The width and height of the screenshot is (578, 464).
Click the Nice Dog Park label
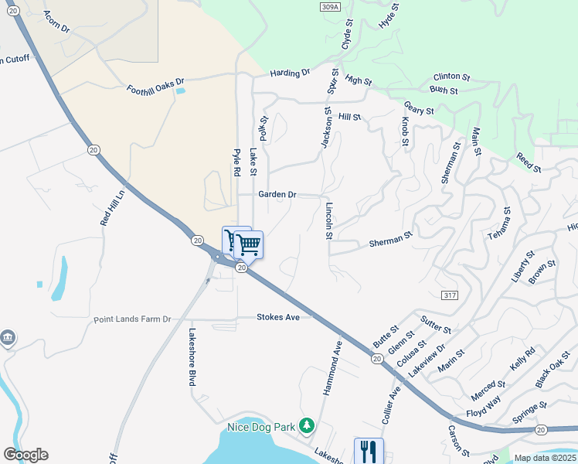pos(263,426)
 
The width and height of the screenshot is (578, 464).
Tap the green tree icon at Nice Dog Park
pos(307,425)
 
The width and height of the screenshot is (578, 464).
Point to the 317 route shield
pos(451,295)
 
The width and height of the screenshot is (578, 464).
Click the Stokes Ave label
pos(278,317)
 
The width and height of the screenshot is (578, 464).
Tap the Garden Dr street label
pos(277,195)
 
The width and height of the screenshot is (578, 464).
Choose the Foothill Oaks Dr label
pos(156,85)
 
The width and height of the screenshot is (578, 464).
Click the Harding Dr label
pos(290,73)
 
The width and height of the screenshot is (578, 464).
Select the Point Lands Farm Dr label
pos(132,319)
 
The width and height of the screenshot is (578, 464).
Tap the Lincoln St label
pos(328,220)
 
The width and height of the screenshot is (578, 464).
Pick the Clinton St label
pos(452,77)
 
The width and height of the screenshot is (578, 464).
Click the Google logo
pos(25,455)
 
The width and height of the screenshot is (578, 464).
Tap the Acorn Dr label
pos(56,22)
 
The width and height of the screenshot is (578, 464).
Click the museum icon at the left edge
pos(8,338)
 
